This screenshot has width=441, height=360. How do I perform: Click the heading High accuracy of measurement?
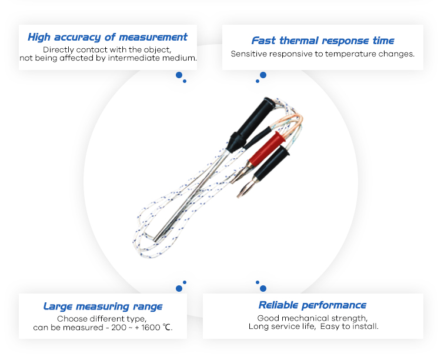[x=108, y=38]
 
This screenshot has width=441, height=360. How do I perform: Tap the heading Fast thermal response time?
[x=323, y=41]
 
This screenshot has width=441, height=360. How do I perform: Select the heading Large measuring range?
[x=103, y=306]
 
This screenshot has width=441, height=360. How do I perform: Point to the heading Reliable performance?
[x=312, y=305]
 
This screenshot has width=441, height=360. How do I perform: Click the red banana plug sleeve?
[x=266, y=149]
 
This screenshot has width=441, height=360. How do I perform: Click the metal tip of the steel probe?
[x=156, y=239]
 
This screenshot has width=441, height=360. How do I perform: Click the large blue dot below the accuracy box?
[x=179, y=75]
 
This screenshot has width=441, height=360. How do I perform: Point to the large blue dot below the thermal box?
[x=263, y=75]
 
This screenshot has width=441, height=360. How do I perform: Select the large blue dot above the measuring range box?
[x=179, y=288]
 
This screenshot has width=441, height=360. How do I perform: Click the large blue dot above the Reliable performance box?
[x=263, y=288]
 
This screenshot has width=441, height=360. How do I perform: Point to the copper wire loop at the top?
[x=292, y=122]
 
